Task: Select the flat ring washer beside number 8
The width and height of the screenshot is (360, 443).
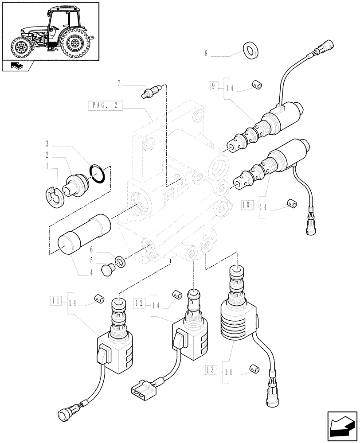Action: (x=251, y=49)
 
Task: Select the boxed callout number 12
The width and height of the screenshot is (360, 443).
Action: (x=140, y=303)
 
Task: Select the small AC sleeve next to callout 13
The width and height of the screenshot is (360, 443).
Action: (x=254, y=369)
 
